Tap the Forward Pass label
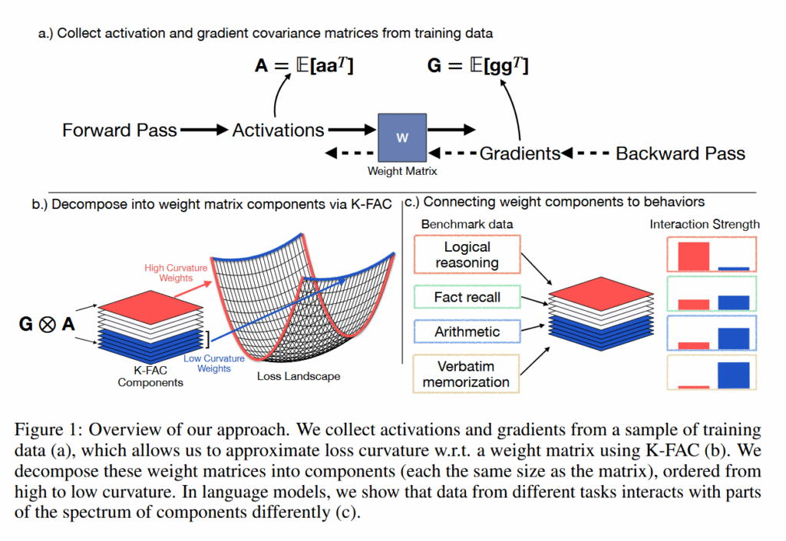(x=120, y=130)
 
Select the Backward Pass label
(x=680, y=153)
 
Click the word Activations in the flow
(x=278, y=130)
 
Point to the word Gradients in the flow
(x=520, y=153)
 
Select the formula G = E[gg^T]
(x=477, y=67)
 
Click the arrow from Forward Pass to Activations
(x=203, y=130)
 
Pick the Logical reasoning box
(x=467, y=255)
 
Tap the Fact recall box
(x=467, y=297)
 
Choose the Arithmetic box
(x=467, y=332)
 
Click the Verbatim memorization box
(x=467, y=374)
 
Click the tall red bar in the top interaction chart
(x=694, y=256)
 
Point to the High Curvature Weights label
(x=176, y=272)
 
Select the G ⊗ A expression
(x=47, y=324)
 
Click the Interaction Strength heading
(x=705, y=224)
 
